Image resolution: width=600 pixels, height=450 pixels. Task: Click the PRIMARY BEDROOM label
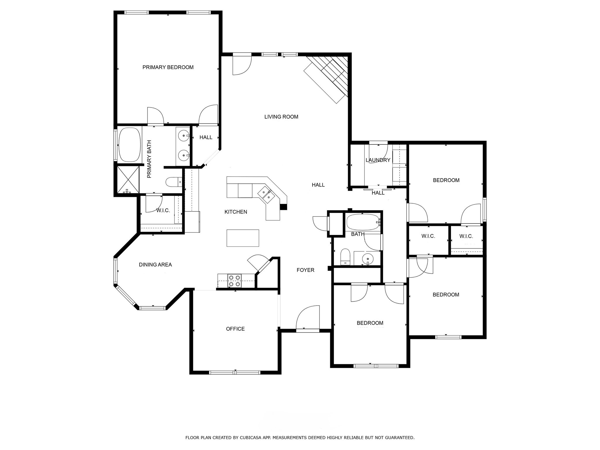(x=168, y=67)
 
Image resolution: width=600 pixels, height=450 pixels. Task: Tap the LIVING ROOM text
(x=281, y=117)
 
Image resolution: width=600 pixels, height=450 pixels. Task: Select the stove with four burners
(x=234, y=281)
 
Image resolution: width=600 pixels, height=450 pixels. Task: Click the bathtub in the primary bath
(x=129, y=144)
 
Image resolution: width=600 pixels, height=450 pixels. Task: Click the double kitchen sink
(x=266, y=195)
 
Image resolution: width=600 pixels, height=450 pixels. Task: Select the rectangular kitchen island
(x=243, y=238)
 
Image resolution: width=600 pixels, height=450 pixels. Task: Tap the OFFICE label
(x=235, y=329)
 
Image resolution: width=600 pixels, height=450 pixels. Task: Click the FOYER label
(x=305, y=270)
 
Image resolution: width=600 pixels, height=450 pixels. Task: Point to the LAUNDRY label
(x=378, y=160)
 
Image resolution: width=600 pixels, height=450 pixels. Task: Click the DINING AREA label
(x=155, y=265)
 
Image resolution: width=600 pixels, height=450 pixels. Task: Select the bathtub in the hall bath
(x=363, y=222)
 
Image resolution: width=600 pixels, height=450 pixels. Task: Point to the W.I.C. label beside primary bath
(x=163, y=211)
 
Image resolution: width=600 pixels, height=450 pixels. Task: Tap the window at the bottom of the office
(x=235, y=373)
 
